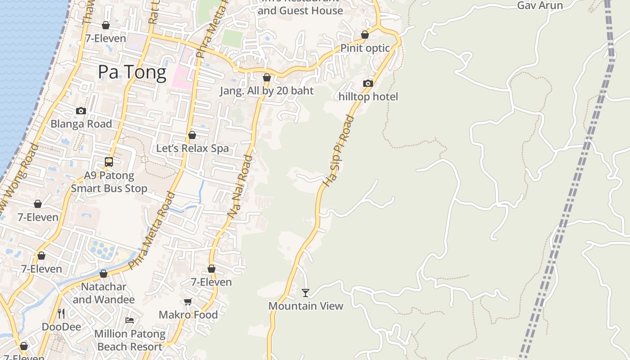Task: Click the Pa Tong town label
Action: pyautogui.click(x=132, y=72)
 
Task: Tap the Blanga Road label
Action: pyautogui.click(x=81, y=124)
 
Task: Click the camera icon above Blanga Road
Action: pyautogui.click(x=81, y=111)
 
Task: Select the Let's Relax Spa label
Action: pyautogui.click(x=192, y=148)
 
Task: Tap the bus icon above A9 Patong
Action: pyautogui.click(x=108, y=162)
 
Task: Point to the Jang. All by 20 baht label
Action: pyautogui.click(x=266, y=90)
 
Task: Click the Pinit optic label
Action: pyautogui.click(x=365, y=48)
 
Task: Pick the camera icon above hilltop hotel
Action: pyautogui.click(x=368, y=83)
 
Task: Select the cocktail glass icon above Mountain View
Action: pyautogui.click(x=306, y=293)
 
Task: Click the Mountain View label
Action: pyautogui.click(x=306, y=306)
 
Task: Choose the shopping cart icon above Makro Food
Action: pyautogui.click(x=188, y=302)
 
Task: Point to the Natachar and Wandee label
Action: pyautogui.click(x=103, y=293)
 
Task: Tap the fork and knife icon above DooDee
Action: pyautogui.click(x=61, y=313)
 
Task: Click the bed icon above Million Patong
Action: pyautogui.click(x=130, y=320)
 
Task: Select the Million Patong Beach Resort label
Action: pyautogui.click(x=130, y=340)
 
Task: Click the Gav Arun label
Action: pyautogui.click(x=540, y=5)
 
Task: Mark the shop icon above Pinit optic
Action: pyautogui.click(x=365, y=35)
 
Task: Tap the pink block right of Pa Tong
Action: pyautogui.click(x=182, y=72)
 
